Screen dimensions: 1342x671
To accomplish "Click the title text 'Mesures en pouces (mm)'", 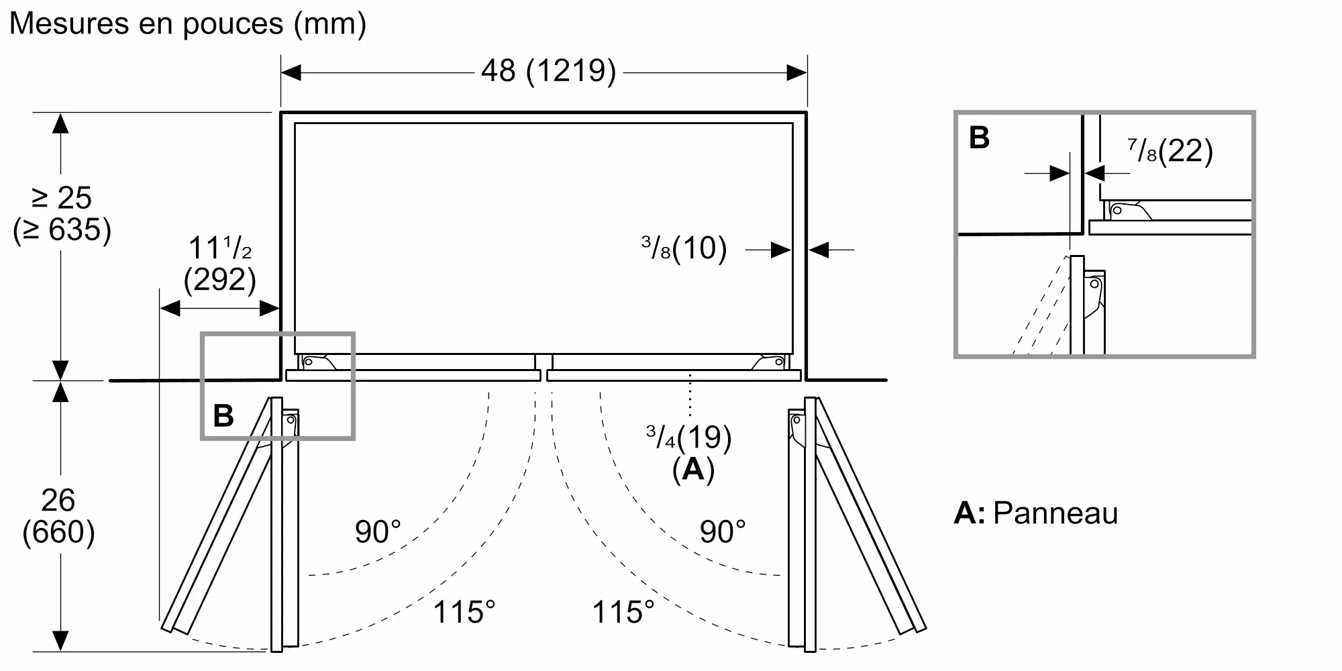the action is click(x=188, y=24).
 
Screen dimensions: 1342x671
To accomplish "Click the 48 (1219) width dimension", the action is click(x=548, y=70).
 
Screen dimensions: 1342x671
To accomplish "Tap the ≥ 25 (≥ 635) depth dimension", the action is click(x=62, y=213).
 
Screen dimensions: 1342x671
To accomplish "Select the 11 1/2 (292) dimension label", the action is click(x=220, y=263).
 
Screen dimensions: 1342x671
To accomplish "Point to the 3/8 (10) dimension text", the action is click(x=684, y=248).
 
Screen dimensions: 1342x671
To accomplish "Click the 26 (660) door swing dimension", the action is click(x=58, y=516).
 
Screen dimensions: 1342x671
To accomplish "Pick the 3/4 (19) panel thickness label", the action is click(x=688, y=437).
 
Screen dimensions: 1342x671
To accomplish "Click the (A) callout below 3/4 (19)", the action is click(x=693, y=470).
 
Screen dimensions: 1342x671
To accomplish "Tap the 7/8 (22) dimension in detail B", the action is click(x=1170, y=151).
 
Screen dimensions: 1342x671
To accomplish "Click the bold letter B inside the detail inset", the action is click(x=979, y=138).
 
